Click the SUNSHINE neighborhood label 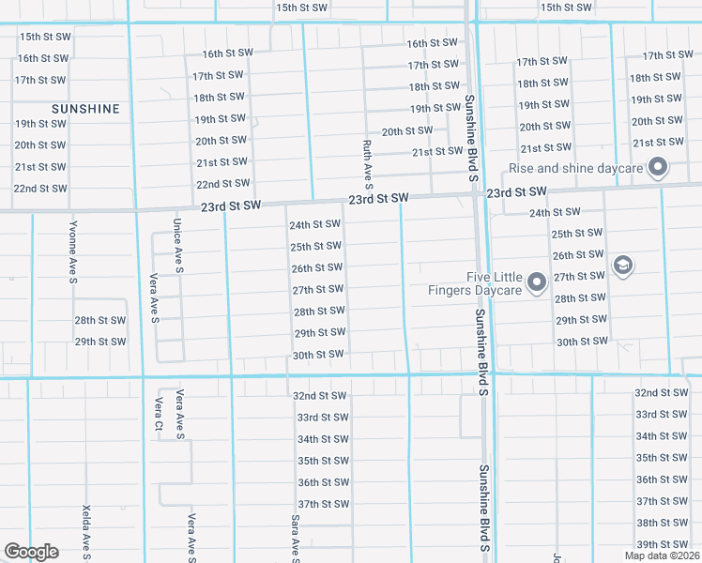click(85, 109)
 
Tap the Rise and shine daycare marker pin click(658, 169)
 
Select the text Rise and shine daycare click(575, 169)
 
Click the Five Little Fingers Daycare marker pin click(537, 281)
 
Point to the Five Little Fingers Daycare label click(494, 283)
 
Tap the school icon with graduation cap click(621, 266)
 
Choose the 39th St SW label click(662, 544)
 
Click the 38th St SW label click(662, 523)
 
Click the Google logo click(31, 552)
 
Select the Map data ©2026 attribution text click(661, 555)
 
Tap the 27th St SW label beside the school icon click(578, 277)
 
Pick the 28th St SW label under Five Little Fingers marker click(578, 298)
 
